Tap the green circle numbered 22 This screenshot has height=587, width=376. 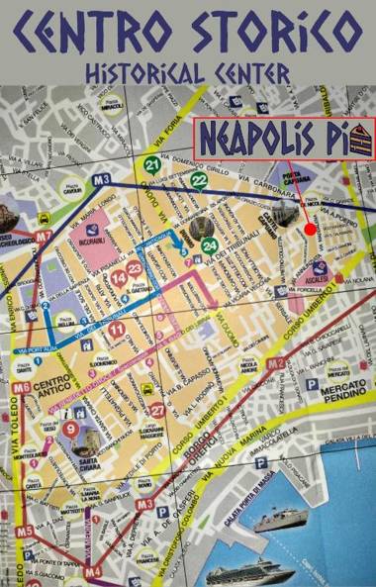(199, 179)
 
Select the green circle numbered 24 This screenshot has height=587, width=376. (209, 245)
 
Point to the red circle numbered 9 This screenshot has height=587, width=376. (70, 429)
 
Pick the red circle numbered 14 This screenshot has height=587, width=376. (119, 279)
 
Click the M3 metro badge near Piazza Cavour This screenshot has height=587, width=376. (100, 180)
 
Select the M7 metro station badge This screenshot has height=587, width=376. (43, 237)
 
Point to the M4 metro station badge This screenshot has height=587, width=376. (92, 571)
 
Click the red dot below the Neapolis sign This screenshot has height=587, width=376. (310, 229)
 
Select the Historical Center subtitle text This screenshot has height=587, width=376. (188, 71)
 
